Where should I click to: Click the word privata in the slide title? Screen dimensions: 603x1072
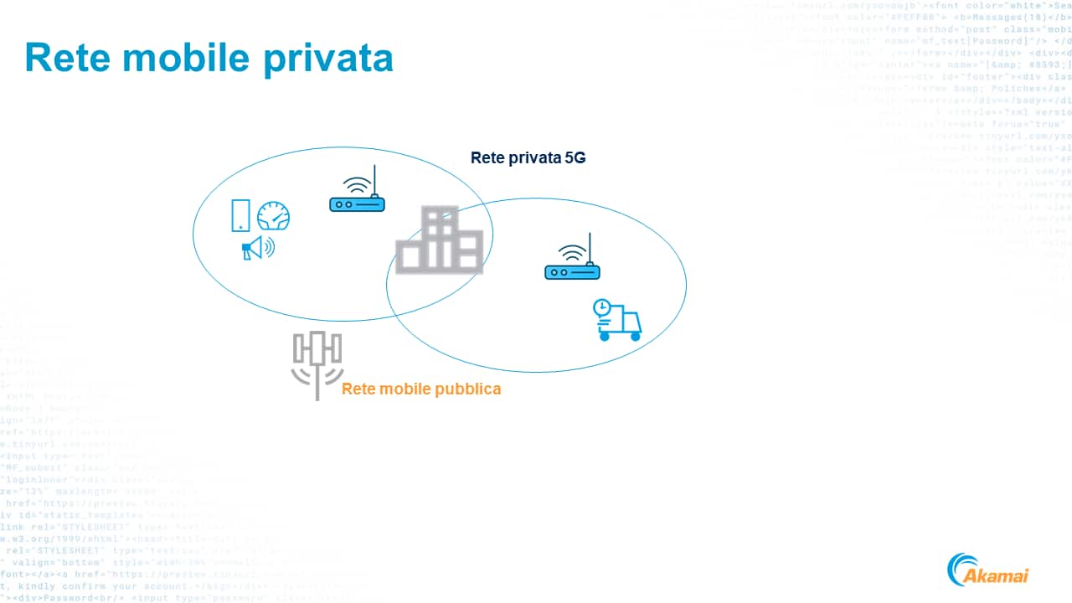[330, 56]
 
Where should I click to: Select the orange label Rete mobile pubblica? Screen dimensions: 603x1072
[421, 389]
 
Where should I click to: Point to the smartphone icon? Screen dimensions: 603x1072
[240, 215]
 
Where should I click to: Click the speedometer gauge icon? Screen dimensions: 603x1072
[273, 216]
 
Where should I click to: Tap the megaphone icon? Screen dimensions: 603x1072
[257, 248]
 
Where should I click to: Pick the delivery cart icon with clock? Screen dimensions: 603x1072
[618, 320]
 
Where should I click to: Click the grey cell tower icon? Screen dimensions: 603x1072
[317, 363]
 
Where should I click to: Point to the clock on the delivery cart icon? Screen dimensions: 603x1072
[602, 308]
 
